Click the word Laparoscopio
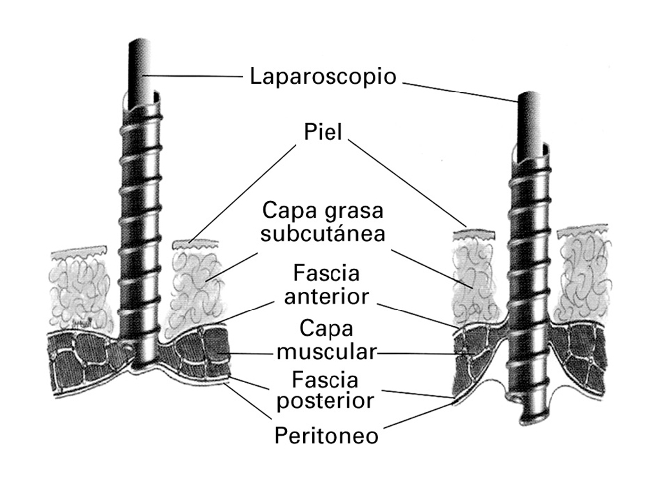tap(323, 77)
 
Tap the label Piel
tap(323, 132)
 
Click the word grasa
tap(353, 211)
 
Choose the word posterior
tap(325, 400)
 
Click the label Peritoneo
tap(326, 436)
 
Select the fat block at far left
tap(81, 287)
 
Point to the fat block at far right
tap(582, 271)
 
